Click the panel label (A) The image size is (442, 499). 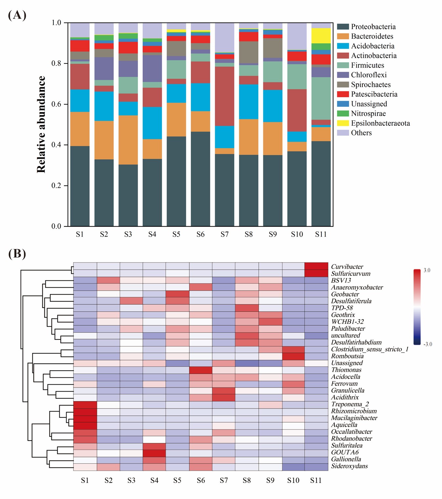point(17,15)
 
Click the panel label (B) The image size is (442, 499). point(17,254)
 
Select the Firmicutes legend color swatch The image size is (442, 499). point(343,65)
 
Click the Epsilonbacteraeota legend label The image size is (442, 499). point(380,123)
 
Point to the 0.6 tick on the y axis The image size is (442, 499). point(56,104)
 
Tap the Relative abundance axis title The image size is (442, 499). point(41,125)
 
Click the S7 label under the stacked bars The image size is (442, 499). point(224,234)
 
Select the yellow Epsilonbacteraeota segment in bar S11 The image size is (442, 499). point(321,36)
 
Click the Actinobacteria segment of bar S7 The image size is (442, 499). point(224,96)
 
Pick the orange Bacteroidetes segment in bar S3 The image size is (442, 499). point(128,140)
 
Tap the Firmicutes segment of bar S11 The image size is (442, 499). point(321,98)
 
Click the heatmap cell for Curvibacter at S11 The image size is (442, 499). point(316,266)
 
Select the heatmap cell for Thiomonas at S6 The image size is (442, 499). point(201,370)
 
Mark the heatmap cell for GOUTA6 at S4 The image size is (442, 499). point(154,452)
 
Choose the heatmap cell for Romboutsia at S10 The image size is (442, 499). point(293,356)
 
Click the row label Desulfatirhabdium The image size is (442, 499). point(356,342)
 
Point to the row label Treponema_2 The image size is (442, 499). point(350,404)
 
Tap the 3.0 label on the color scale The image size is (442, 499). point(427,270)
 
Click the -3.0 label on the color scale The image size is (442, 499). point(428,344)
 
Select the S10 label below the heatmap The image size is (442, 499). point(293,480)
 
